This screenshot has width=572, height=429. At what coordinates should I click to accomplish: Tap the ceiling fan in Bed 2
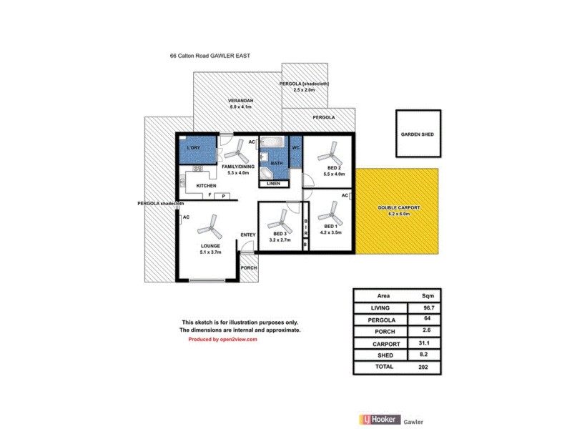tap(330, 152)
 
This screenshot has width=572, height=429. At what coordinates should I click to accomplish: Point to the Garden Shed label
tap(417, 134)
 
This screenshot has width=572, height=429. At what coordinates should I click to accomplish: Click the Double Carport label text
tap(399, 207)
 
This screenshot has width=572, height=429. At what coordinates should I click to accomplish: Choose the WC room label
tap(295, 148)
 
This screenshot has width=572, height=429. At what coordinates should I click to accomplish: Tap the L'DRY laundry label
tap(192, 148)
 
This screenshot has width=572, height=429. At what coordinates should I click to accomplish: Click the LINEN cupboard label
tap(273, 184)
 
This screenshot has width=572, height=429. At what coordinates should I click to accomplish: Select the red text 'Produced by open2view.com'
tap(222, 340)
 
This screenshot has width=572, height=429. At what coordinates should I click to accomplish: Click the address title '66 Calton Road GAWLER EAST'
tap(209, 55)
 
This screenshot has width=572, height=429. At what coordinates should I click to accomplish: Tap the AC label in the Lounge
tap(186, 217)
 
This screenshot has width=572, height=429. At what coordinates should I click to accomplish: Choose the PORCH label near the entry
tap(248, 267)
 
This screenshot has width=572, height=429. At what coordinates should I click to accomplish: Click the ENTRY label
tap(248, 235)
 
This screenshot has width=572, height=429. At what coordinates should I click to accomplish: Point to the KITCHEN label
tap(207, 185)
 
